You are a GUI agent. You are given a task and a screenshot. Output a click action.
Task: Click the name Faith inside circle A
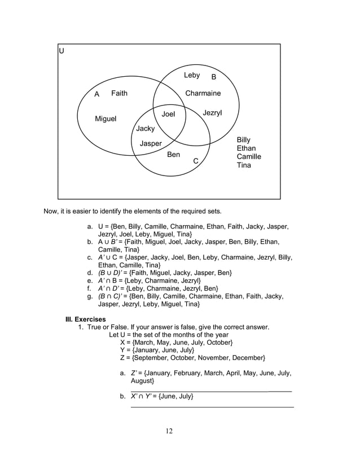pyautogui.click(x=119, y=93)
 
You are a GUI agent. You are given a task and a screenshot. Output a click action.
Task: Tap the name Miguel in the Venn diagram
pyautogui.click(x=106, y=119)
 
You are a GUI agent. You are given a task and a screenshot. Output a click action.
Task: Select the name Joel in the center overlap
pyautogui.click(x=169, y=114)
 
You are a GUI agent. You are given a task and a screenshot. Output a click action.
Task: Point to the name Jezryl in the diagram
pyautogui.click(x=212, y=113)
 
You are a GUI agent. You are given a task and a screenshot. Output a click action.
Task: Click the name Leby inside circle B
pyautogui.click(x=192, y=75)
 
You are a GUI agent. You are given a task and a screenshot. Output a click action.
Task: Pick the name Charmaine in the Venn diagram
pyautogui.click(x=203, y=93)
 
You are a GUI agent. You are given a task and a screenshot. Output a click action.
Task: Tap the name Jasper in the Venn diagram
pyautogui.click(x=151, y=143)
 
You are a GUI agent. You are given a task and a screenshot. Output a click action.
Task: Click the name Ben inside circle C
pyautogui.click(x=174, y=154)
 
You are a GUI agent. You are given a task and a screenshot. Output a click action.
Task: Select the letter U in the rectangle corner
pyautogui.click(x=62, y=51)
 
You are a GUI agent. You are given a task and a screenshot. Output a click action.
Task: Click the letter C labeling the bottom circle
pyautogui.click(x=196, y=161)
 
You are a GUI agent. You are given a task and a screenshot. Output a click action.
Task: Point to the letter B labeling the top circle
pyautogui.click(x=214, y=77)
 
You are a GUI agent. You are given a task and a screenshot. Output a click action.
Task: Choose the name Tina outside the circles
pyautogui.click(x=244, y=165)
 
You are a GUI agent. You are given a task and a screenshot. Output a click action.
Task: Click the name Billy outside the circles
pyautogui.click(x=244, y=139)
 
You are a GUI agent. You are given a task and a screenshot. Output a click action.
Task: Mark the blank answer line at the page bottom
pyautogui.click(x=212, y=406)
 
